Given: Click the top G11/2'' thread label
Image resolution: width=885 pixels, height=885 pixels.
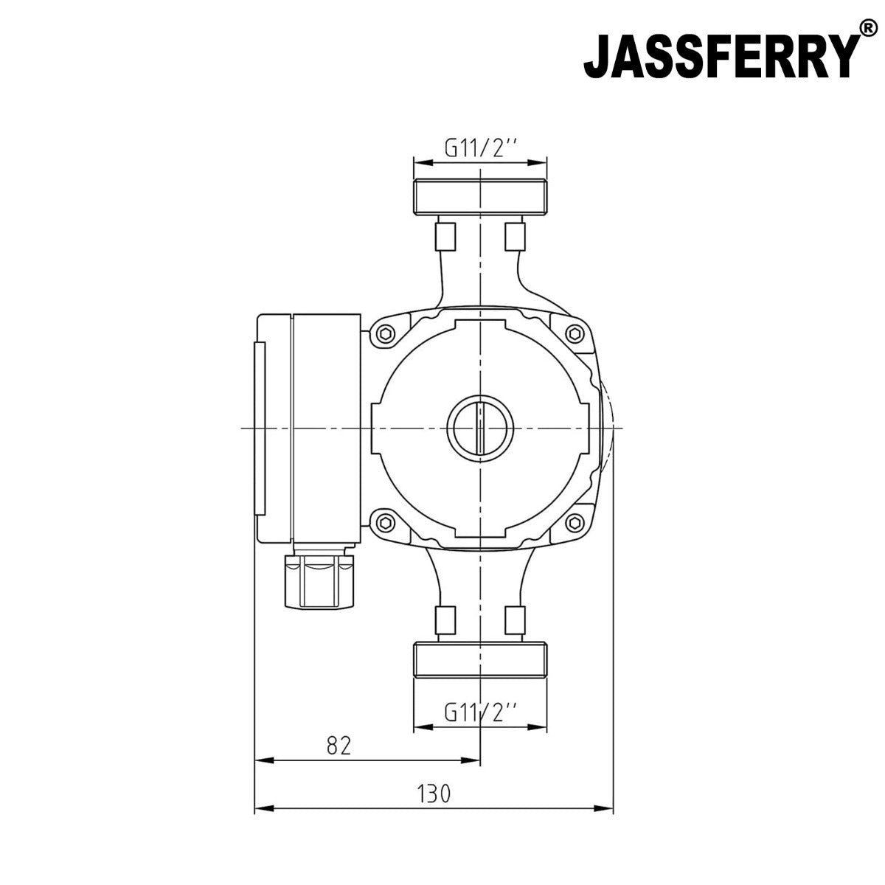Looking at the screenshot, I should [x=480, y=148].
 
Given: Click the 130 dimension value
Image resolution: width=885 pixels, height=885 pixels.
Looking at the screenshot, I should [x=433, y=794].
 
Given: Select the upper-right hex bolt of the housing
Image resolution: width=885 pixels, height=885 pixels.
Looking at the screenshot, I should [x=575, y=335].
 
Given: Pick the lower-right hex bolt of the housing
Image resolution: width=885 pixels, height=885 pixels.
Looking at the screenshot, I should [x=575, y=523].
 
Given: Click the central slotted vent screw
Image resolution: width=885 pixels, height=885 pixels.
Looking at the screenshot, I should [x=480, y=428].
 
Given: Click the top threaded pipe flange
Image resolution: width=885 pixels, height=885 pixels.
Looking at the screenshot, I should [x=480, y=196].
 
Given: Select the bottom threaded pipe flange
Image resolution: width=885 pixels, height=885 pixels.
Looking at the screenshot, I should [x=480, y=661].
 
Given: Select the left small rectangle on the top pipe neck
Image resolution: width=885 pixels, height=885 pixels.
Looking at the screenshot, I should [x=445, y=236].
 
